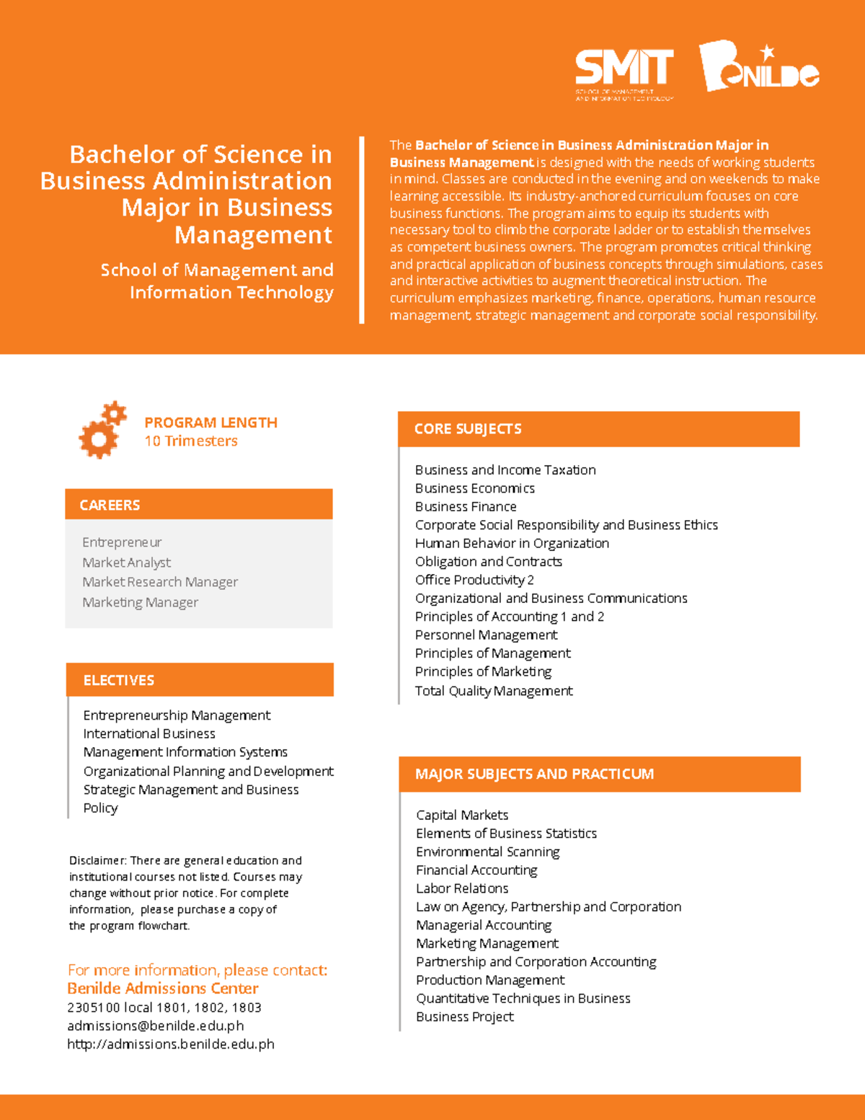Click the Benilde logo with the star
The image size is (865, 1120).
[758, 67]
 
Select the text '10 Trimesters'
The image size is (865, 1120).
[191, 441]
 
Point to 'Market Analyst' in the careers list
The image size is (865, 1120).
[127, 563]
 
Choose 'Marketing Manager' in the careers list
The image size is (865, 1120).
[140, 602]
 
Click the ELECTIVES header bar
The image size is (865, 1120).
[200, 680]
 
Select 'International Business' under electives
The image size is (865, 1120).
[149, 734]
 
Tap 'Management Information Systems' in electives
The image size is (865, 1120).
[185, 752]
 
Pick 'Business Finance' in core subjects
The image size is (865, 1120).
[466, 507]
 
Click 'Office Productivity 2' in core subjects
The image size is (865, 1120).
[474, 580]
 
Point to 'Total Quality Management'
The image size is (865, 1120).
[494, 691]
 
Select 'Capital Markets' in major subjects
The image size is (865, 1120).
[462, 815]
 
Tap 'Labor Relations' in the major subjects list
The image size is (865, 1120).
[462, 888]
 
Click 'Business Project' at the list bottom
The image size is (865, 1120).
[465, 1017]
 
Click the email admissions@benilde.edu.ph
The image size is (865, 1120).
[156, 1026]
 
